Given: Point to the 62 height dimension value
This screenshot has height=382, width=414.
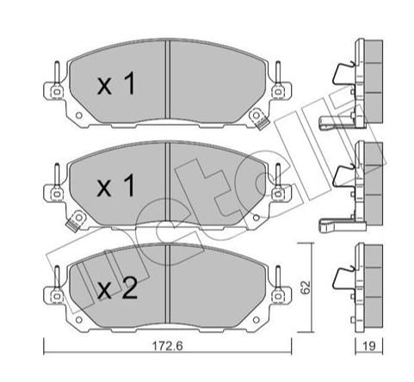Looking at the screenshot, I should pyautogui.click(x=305, y=284).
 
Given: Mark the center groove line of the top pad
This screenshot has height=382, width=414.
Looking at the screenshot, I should pyautogui.click(x=169, y=82).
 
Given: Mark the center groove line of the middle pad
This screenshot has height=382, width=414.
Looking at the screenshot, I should pyautogui.click(x=169, y=182).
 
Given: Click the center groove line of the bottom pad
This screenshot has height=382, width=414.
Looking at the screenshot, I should pyautogui.click(x=169, y=284).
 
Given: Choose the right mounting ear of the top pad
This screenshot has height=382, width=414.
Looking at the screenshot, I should pyautogui.click(x=279, y=89).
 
